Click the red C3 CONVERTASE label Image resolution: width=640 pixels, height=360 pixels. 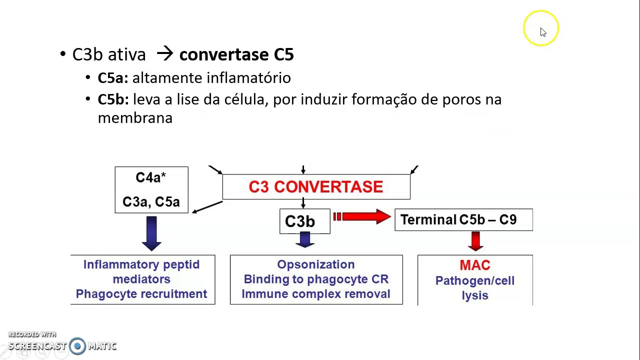click(315, 187)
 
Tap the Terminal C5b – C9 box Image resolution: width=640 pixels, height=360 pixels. click(463, 220)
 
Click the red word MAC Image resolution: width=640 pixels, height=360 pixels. click(474, 265)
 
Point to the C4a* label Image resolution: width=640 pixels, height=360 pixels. click(150, 178)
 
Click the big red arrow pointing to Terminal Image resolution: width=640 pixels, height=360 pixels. click(362, 216)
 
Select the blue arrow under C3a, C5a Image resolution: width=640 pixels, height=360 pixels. click(151, 232)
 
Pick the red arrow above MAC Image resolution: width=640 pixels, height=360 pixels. click(475, 240)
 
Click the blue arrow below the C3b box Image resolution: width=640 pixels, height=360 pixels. click(304, 240)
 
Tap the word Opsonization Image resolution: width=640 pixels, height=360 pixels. click(316, 264)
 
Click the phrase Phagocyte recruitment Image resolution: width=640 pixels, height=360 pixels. click(141, 294)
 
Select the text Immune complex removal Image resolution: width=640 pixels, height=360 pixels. click(316, 294)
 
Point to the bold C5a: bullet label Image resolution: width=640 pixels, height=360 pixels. click(113, 78)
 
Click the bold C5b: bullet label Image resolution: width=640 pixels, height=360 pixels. click(113, 99)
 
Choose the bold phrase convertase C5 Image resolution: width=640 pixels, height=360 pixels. click(236, 54)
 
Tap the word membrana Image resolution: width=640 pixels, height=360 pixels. click(135, 118)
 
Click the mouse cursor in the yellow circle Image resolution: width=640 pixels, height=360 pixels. click(543, 32)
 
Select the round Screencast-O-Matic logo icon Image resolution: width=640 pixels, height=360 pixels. click(77, 346)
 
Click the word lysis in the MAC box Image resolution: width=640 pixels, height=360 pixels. click(474, 295)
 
